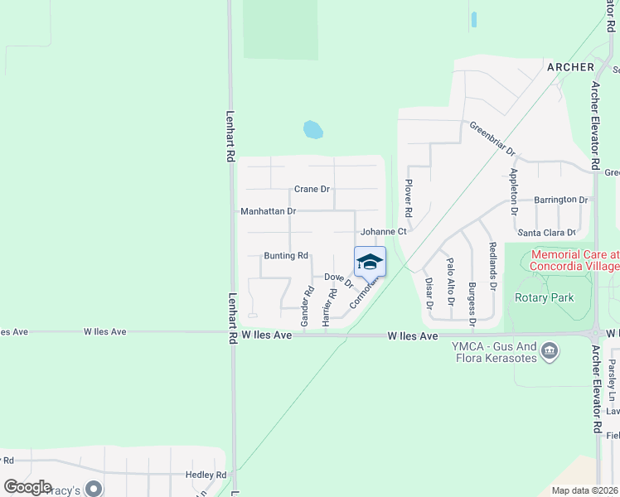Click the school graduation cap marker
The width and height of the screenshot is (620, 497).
coord(370,263)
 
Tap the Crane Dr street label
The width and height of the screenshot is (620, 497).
coord(312,190)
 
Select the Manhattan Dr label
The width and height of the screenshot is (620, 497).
coord(268,211)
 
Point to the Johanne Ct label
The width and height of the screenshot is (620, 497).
coord(383,233)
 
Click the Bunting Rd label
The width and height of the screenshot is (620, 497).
coord(286,256)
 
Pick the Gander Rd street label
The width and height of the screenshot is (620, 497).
coord(306,305)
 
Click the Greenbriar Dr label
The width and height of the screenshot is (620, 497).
coord(492,140)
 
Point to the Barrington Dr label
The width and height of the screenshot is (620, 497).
coord(560,200)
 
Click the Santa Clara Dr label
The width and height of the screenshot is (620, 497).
coord(545,233)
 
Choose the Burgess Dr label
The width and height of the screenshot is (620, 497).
coord(471,302)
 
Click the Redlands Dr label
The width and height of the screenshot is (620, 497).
coord(492,266)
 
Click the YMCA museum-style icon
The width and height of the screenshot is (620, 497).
coord(549,352)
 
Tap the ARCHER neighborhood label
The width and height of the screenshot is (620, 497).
coord(569,66)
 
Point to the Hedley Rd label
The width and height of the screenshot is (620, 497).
coord(206,475)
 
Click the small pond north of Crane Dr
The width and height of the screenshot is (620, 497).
coord(312,129)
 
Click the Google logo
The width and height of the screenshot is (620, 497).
coord(28,486)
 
